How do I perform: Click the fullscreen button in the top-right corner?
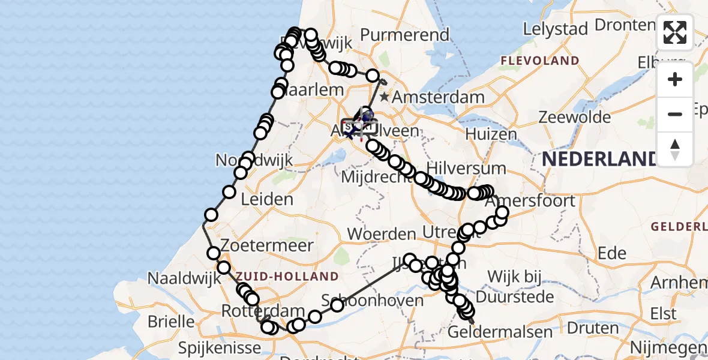coord(675,32)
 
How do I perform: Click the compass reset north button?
coord(675,149)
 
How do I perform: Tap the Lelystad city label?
coord(554,28)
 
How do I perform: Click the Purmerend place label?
coord(406,35)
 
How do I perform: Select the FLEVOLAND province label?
coord(540,61)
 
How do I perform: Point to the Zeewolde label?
coord(574,117)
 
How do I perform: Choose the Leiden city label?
coord(267,199)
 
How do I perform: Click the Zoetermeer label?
coord(267,245)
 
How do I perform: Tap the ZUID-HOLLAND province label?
coord(287,276)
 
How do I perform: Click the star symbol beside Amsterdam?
coord(384,97)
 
